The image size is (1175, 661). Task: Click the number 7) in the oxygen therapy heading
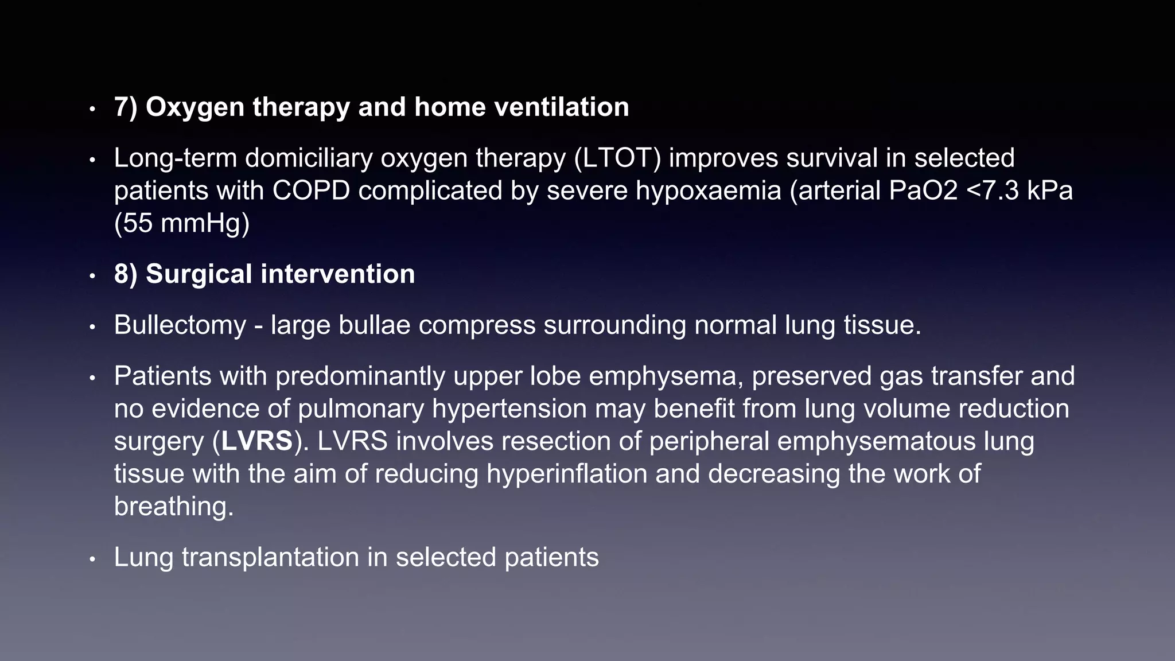(x=125, y=107)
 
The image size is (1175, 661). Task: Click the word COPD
(x=310, y=191)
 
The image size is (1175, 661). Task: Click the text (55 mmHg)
(x=182, y=223)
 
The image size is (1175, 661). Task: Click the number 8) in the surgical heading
(x=125, y=274)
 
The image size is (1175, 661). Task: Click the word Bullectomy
(x=180, y=325)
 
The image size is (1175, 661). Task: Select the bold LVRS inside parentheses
(x=257, y=442)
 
